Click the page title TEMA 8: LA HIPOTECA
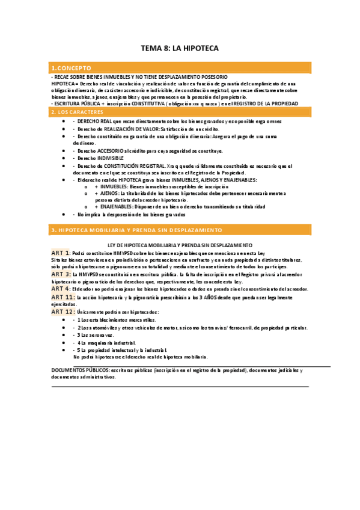point(180,48)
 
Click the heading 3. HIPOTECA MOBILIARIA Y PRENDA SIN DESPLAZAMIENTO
point(136,230)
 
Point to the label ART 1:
point(61,253)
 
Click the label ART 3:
point(61,274)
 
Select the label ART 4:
point(61,289)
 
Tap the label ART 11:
point(63,297)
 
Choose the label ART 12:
point(63,312)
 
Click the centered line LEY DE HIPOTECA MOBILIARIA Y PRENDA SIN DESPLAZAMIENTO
point(180,245)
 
